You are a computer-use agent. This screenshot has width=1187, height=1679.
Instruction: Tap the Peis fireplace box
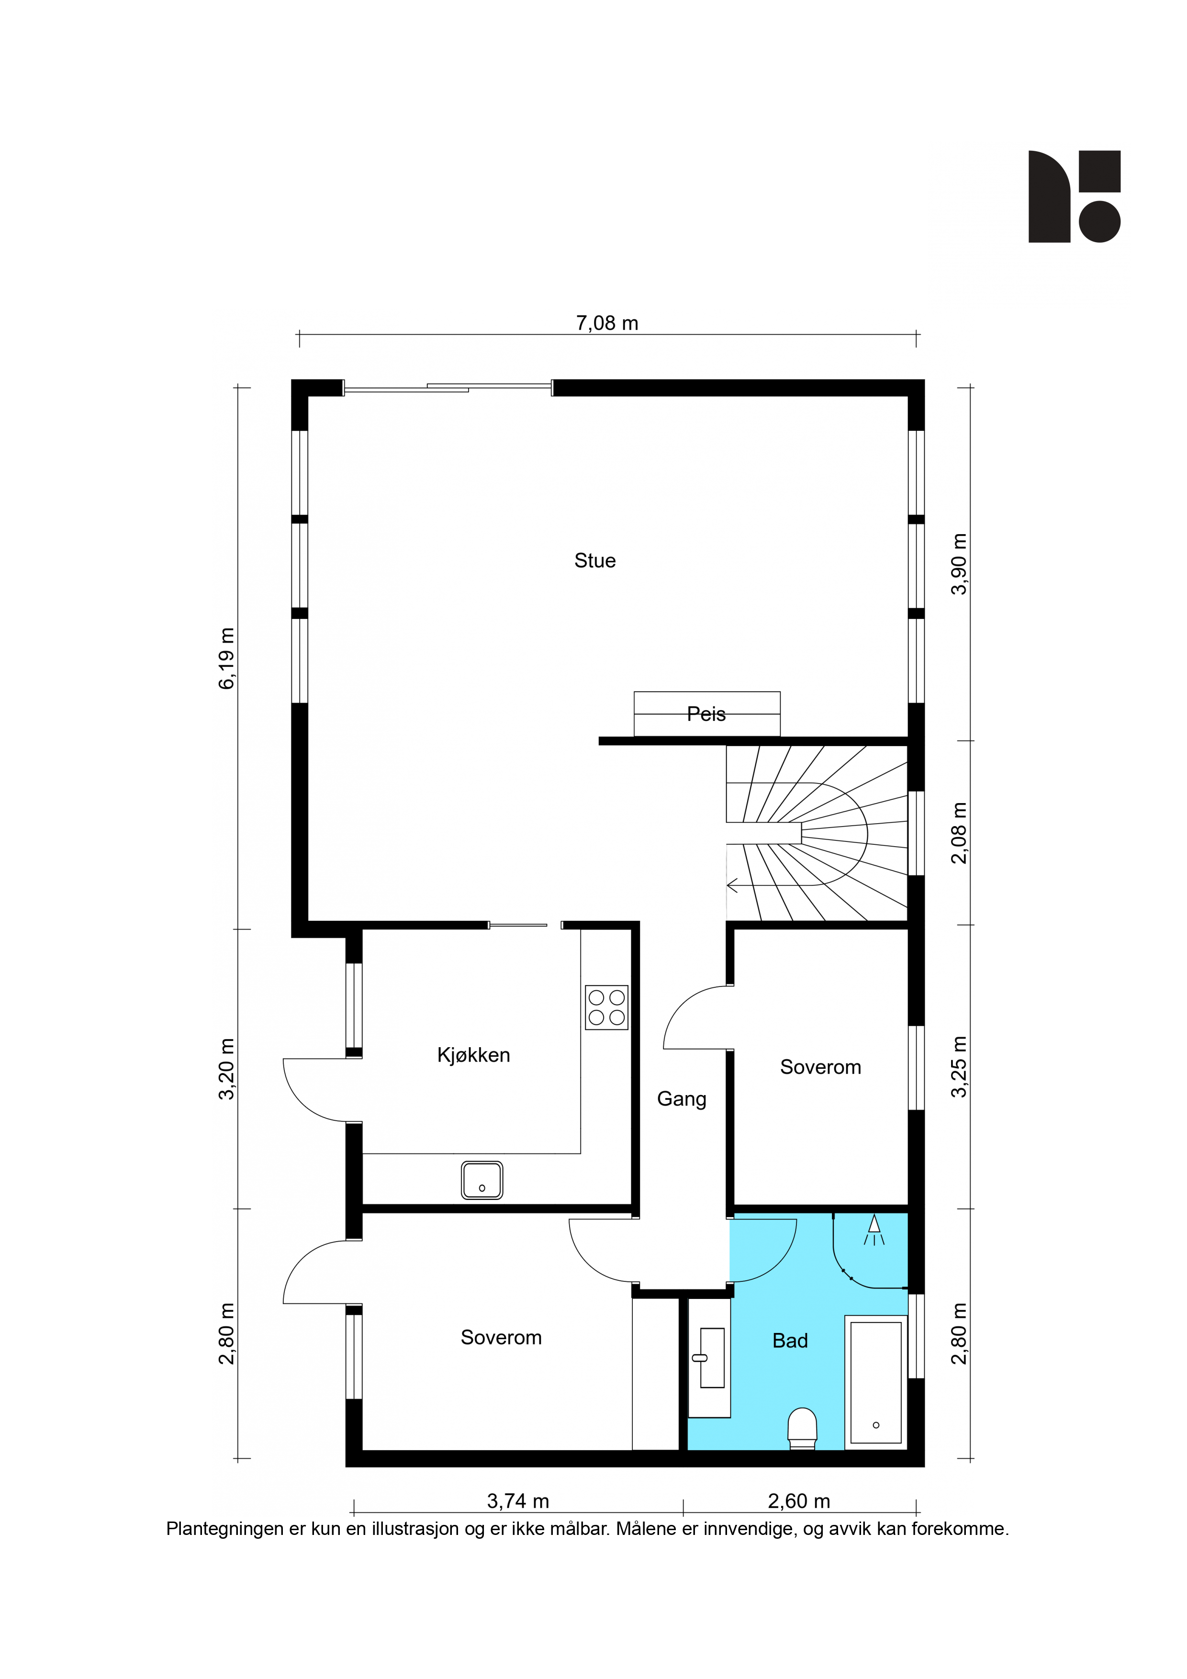(706, 714)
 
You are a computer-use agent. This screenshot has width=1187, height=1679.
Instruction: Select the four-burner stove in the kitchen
(606, 1007)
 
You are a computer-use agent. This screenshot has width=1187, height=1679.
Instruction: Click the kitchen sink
(482, 1180)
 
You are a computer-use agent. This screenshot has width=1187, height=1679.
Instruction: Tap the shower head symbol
(874, 1229)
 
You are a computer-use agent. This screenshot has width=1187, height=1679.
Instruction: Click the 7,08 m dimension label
(607, 323)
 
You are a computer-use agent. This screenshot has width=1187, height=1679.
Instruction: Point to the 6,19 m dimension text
(227, 658)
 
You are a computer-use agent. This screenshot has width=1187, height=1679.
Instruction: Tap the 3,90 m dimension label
(959, 564)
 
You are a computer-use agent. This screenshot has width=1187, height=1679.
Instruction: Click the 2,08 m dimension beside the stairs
(959, 833)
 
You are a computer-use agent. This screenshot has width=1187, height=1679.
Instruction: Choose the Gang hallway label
(682, 1099)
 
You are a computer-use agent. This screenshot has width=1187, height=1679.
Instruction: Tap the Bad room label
(790, 1341)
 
